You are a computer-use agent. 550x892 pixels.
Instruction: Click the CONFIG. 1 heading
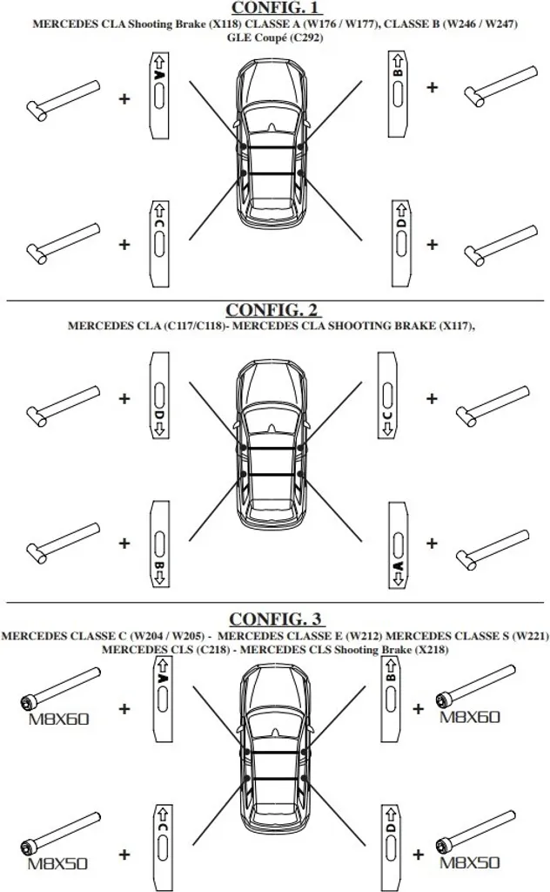click(x=275, y=8)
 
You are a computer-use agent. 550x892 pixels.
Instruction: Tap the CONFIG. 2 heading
click(x=274, y=310)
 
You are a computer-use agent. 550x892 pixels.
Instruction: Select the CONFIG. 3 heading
click(x=275, y=619)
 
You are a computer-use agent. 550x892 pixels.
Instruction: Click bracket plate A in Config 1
click(x=159, y=94)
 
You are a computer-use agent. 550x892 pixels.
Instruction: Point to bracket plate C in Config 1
click(x=159, y=242)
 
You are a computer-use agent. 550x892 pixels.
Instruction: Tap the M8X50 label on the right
click(x=469, y=863)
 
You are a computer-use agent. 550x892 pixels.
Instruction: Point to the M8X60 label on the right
click(x=470, y=717)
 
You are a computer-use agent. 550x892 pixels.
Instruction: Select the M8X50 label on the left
click(x=57, y=865)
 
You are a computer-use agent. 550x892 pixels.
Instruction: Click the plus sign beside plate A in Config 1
click(x=124, y=99)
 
